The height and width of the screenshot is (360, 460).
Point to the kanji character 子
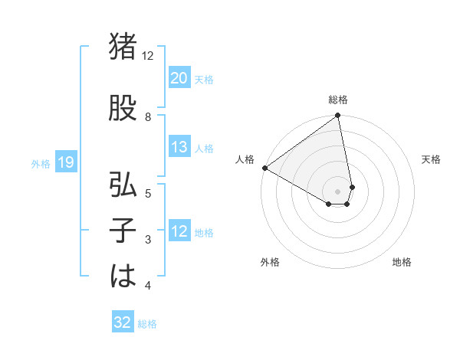[123, 232]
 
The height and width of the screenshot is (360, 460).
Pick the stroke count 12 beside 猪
[148, 56]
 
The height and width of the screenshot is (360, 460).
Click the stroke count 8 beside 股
[148, 116]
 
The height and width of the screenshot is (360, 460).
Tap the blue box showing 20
[179, 78]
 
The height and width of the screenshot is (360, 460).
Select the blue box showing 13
[179, 147]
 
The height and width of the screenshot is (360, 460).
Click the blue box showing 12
[179, 232]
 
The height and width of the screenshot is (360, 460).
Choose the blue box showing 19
[65, 162]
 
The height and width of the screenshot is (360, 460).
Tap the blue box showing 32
[122, 322]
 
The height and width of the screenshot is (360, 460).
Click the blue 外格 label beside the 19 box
[41, 163]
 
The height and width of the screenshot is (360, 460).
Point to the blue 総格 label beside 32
[147, 324]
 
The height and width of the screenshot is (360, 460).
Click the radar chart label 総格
[338, 100]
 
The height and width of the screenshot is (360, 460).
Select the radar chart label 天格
[432, 159]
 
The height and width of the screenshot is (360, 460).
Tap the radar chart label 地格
[402, 262]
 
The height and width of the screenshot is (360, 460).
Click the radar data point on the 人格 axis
[264, 168]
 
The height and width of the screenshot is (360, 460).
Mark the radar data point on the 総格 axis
[338, 116]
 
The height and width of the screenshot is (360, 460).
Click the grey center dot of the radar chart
[338, 191]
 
